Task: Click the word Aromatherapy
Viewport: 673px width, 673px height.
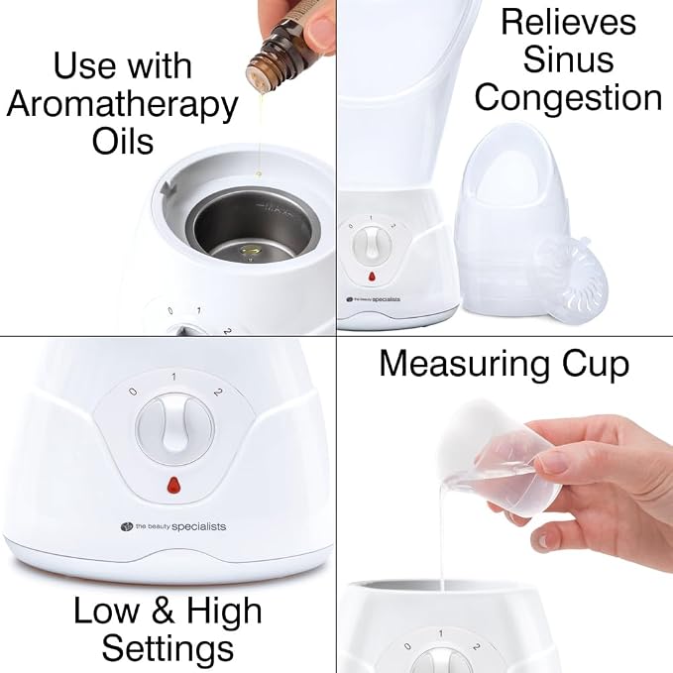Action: coord(122,106)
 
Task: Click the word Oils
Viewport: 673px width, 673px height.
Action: coord(123,142)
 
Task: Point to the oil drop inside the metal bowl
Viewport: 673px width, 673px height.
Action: coord(249,251)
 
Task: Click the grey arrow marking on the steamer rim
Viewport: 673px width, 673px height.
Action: coord(167,188)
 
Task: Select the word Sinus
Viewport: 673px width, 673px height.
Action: coord(568,59)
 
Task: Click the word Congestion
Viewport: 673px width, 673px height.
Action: coord(568,97)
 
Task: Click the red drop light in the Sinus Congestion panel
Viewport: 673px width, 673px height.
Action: coord(372,277)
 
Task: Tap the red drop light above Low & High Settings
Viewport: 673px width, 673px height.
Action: coord(173,485)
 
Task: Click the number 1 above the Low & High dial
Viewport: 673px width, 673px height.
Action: coord(173,377)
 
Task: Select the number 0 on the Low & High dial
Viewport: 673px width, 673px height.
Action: coord(133,392)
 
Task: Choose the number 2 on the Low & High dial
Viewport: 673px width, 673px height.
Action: coord(219,392)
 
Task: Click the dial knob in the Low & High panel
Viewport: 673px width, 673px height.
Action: coord(174,429)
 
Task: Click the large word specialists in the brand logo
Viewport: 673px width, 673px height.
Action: coord(198,526)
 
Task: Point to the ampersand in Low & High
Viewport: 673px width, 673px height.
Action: coord(164,611)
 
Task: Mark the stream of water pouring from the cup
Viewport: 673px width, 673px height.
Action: coord(440,536)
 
